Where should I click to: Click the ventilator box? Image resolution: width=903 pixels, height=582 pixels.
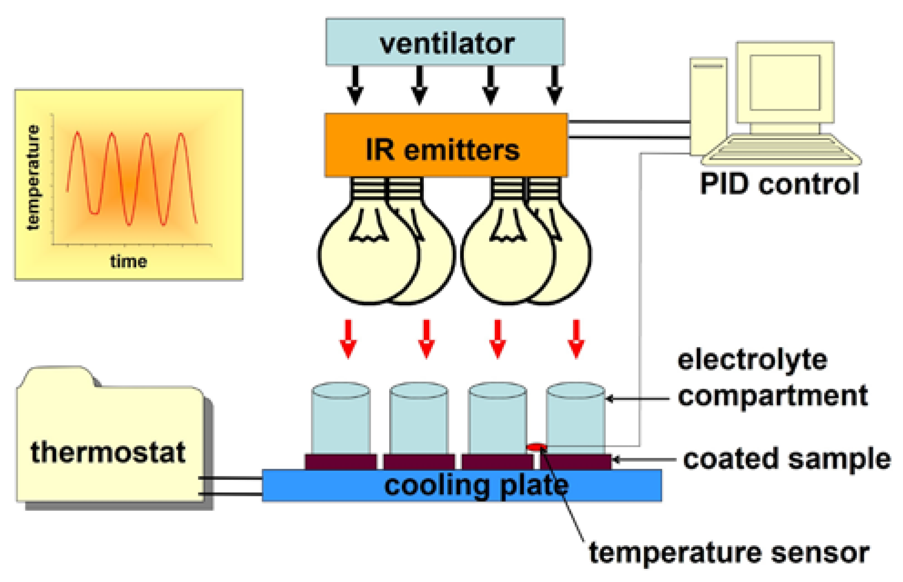click(x=445, y=42)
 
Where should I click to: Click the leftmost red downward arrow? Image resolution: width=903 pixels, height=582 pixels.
click(x=348, y=339)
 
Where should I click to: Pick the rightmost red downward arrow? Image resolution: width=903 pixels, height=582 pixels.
click(x=576, y=339)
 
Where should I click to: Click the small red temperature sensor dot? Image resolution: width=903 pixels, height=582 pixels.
click(x=536, y=447)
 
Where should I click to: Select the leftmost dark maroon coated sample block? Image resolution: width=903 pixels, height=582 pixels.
click(x=340, y=461)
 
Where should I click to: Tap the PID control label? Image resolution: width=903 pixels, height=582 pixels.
click(x=779, y=184)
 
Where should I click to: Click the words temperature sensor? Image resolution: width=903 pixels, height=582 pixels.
click(x=729, y=553)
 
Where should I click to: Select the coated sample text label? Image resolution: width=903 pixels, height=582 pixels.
click(x=786, y=459)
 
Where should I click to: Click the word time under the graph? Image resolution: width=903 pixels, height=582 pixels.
click(x=128, y=262)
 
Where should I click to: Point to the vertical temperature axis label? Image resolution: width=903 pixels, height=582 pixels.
click(x=33, y=177)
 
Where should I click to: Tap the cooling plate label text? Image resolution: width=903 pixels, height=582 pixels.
click(x=476, y=486)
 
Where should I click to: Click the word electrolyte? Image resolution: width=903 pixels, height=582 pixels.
click(x=752, y=360)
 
